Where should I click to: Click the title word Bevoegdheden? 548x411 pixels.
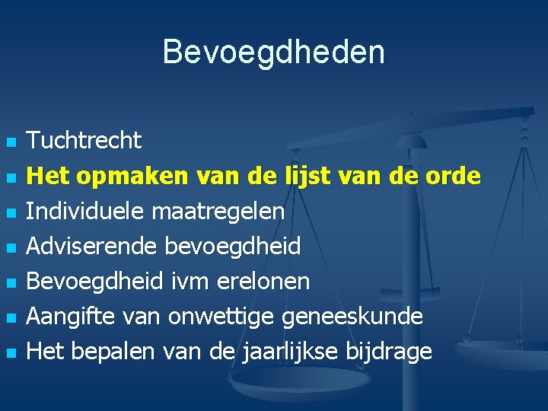274,53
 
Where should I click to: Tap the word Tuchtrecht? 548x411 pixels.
84,140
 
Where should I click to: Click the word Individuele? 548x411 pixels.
86,211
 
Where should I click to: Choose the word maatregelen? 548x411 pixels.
218,212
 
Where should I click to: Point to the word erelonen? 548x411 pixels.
263,282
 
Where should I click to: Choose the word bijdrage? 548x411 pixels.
388,352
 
